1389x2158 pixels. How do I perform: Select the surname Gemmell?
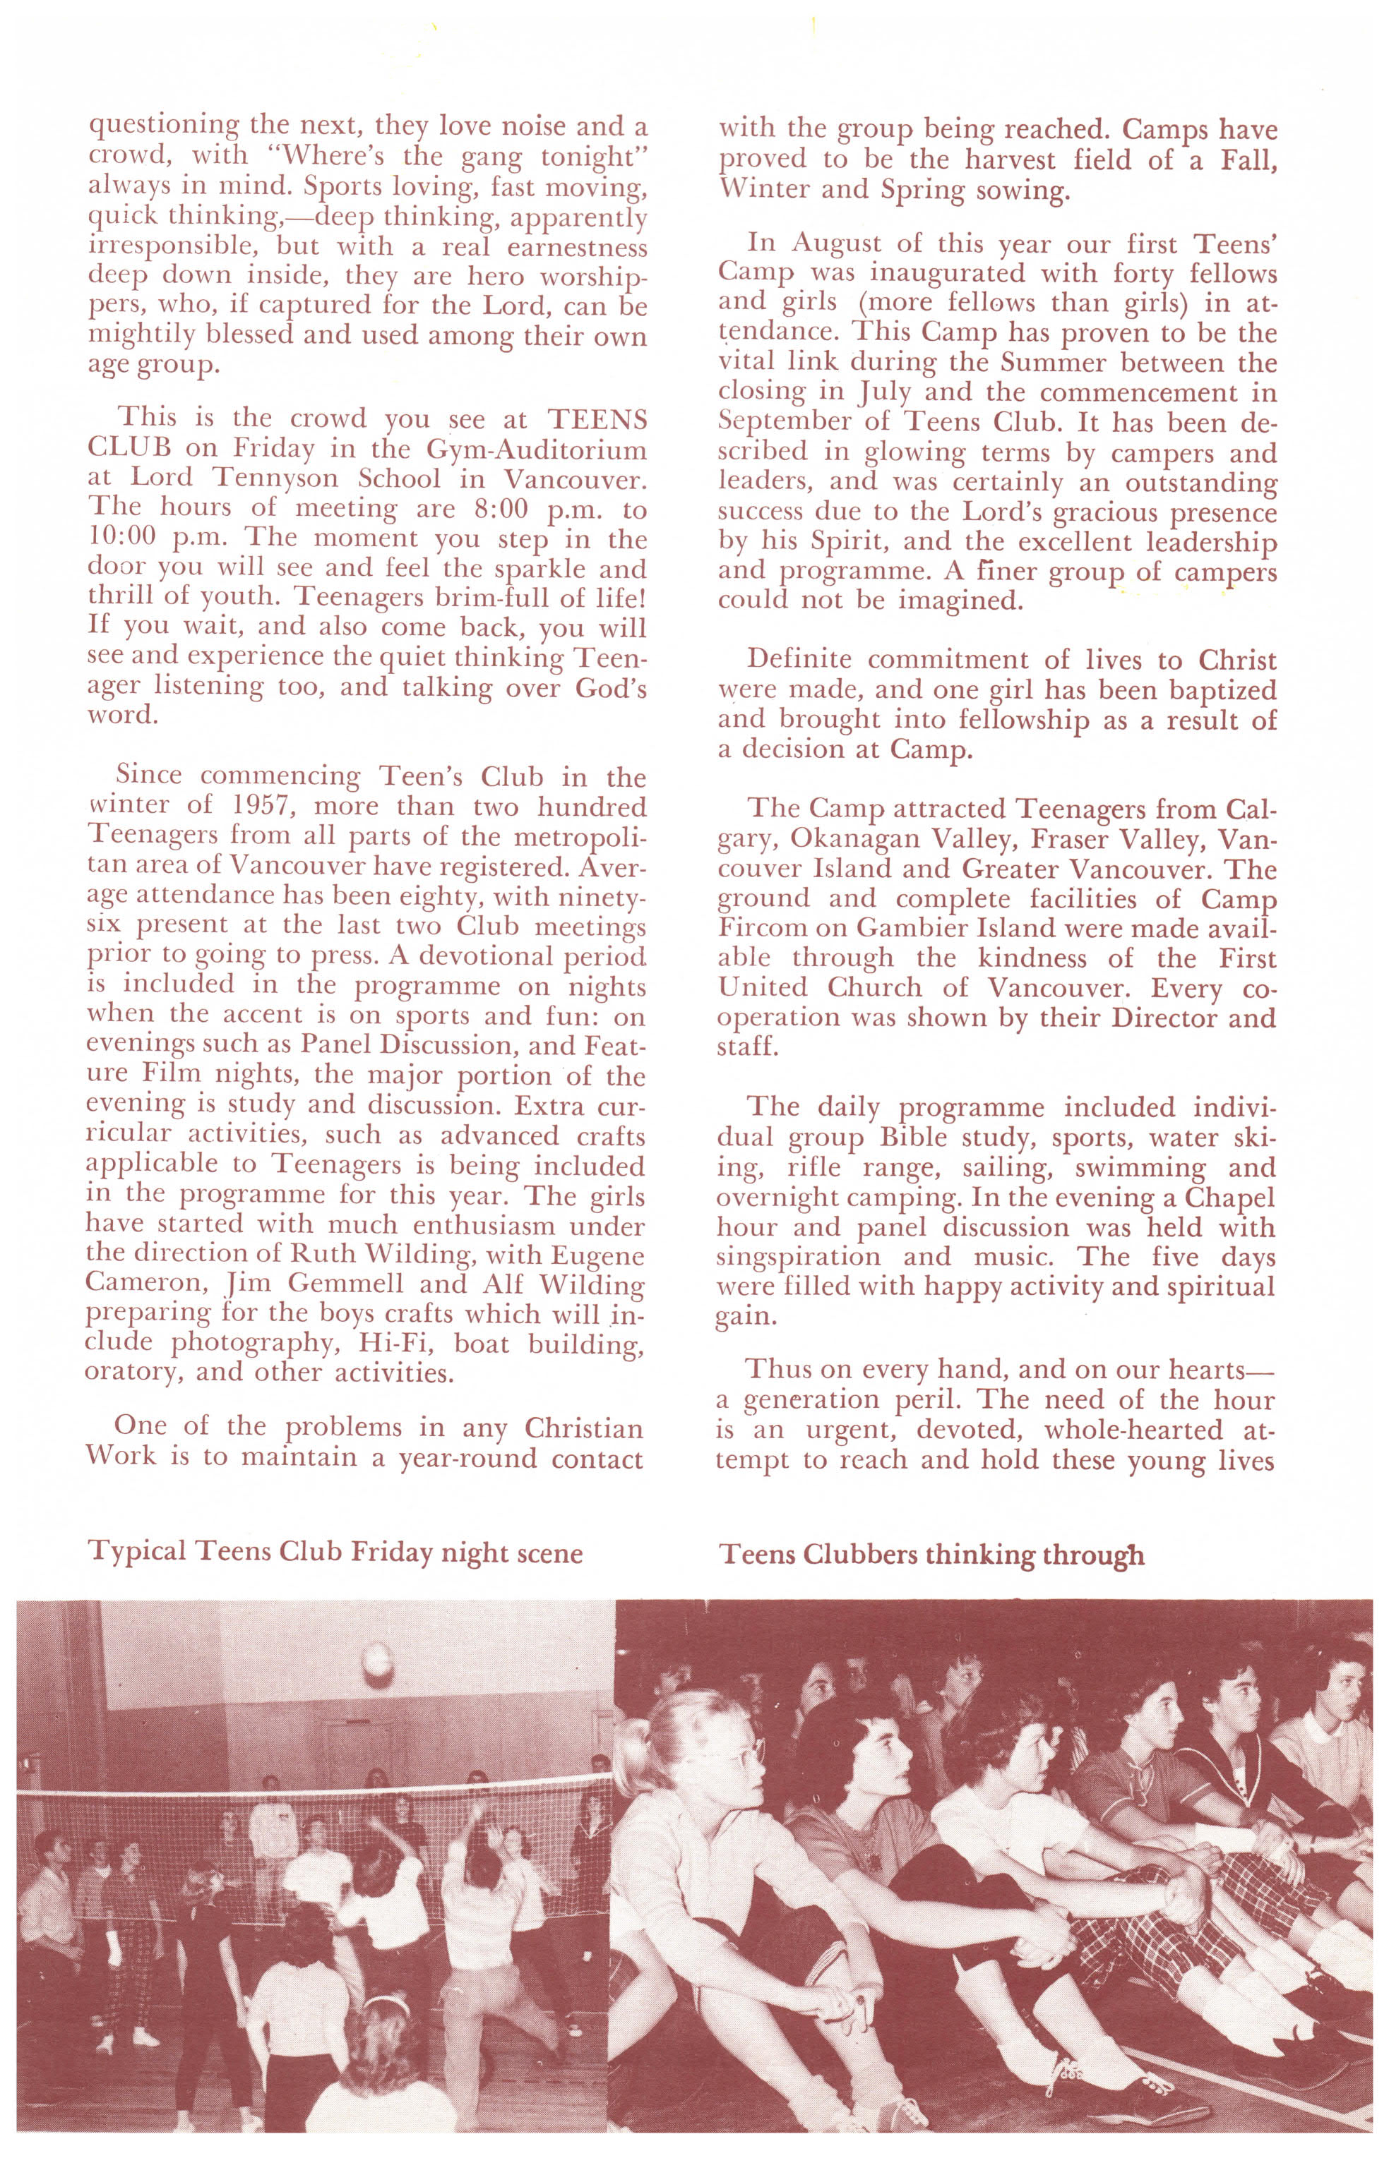click(338, 1284)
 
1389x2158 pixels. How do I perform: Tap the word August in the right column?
click(840, 243)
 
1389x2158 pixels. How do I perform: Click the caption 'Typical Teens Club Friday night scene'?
click(334, 1553)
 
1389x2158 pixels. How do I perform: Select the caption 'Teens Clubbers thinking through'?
click(931, 1554)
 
